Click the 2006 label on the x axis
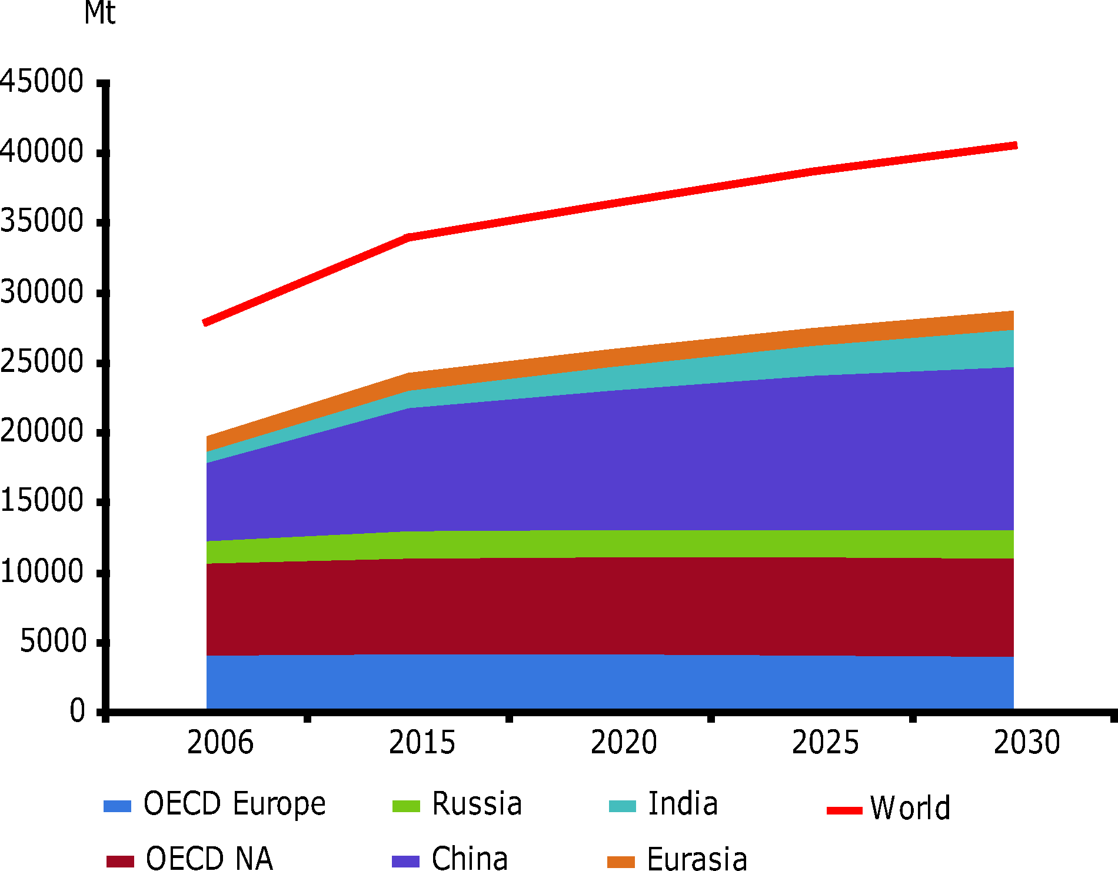click(220, 742)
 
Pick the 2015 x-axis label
click(422, 742)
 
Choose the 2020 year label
click(624, 742)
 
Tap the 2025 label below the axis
click(825, 742)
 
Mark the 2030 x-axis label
click(1027, 742)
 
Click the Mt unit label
click(99, 13)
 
